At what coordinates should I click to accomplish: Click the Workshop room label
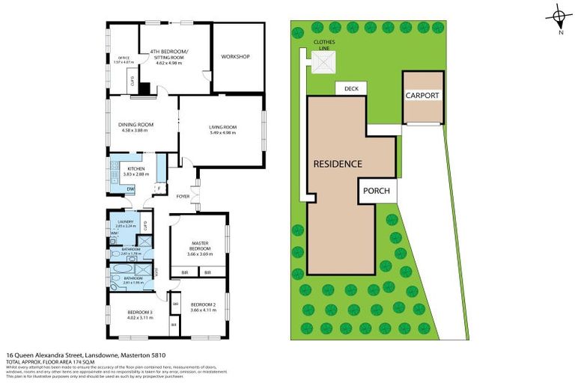[x=235, y=57]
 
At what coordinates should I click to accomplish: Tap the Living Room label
[x=222, y=128]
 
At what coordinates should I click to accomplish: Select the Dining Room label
[x=136, y=124]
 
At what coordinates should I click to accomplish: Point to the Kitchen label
[x=136, y=169]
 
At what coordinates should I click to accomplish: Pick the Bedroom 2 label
[x=203, y=304]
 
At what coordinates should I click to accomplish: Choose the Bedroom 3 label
[x=139, y=313]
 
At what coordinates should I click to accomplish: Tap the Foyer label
[x=183, y=197]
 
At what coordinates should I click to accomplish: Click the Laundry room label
[x=125, y=222]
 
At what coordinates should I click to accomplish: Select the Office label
[x=124, y=58]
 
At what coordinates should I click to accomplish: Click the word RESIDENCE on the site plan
[x=338, y=164]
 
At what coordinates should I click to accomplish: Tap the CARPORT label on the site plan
[x=422, y=96]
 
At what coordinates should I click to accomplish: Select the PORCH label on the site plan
[x=376, y=191]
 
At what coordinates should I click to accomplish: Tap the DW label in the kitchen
[x=130, y=189]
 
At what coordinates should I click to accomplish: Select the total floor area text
[x=52, y=361]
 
